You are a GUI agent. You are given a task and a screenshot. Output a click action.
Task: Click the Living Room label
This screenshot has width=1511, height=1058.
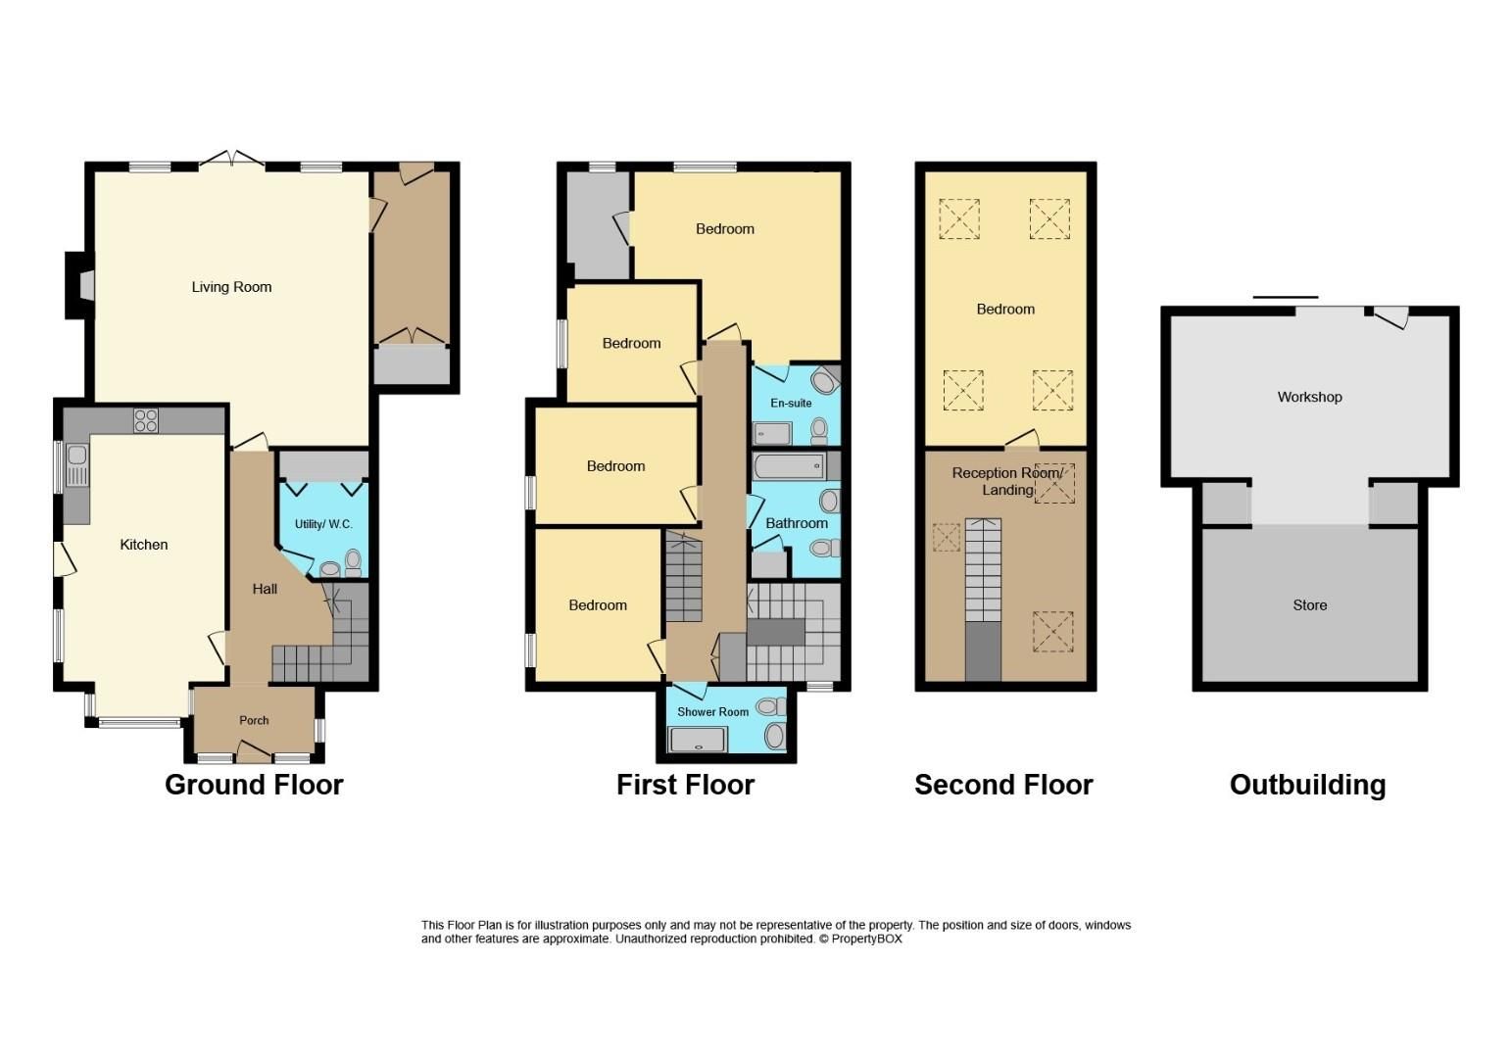pos(231,287)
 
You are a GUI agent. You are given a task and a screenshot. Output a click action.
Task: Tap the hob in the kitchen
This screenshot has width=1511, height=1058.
pos(145,420)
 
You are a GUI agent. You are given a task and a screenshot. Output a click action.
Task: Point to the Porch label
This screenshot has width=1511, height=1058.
pos(254,720)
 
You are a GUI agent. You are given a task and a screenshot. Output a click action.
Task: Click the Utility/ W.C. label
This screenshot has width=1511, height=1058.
pos(323,524)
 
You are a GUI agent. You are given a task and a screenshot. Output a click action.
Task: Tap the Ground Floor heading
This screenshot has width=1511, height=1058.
pos(254,785)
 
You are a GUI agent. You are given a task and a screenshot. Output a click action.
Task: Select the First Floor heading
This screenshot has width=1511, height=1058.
pos(685,785)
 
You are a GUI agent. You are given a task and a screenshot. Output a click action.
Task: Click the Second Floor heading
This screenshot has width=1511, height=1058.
pos(1003,785)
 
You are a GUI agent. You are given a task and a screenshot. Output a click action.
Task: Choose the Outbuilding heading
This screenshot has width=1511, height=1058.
pos(1307,785)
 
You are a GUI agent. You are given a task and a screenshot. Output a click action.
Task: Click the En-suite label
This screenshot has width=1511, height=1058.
pos(791,403)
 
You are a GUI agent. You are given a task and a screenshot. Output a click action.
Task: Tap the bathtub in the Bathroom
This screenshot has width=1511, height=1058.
pos(789,465)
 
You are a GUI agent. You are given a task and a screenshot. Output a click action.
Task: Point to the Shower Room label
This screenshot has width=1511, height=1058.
pos(712,712)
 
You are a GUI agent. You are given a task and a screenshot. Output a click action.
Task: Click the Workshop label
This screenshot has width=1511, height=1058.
pos(1309,397)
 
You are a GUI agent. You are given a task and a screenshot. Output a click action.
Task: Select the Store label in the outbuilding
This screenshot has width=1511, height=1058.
pos(1309,605)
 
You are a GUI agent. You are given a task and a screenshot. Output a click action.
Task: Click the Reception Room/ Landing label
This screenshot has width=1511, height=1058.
pos(1006,481)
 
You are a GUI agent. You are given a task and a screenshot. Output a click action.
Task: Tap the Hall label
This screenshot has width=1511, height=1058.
pos(265,589)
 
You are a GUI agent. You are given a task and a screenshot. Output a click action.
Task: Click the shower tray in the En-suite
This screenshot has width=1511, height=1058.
pos(772,433)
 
